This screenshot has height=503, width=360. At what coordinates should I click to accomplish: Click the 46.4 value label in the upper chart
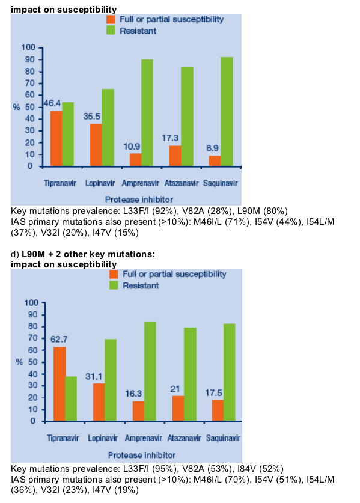[x=52, y=103]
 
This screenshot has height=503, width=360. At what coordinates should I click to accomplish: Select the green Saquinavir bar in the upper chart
[x=227, y=112]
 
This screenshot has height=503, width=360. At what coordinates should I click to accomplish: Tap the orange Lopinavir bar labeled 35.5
[x=96, y=145]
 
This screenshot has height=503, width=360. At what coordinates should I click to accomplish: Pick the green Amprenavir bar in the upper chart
[x=147, y=113]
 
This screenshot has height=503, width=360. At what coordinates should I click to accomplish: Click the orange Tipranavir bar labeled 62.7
[x=59, y=384]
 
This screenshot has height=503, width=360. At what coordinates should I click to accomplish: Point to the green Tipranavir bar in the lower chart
[x=72, y=399]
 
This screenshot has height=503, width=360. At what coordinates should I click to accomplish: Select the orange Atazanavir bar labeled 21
[x=178, y=409]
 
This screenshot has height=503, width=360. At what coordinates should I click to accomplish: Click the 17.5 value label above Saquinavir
[x=214, y=393]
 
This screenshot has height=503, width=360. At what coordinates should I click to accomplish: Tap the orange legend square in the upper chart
[x=111, y=19]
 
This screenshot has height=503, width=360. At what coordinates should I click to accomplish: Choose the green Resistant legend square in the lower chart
[x=114, y=285]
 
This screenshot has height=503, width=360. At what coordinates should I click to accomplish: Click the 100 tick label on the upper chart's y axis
[x=28, y=47]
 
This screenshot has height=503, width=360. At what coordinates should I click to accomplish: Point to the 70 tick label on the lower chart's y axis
[x=33, y=338]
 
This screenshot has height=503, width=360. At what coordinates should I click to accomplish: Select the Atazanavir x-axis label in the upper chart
[x=182, y=183]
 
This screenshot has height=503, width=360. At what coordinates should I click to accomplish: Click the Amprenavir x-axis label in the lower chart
[x=144, y=438]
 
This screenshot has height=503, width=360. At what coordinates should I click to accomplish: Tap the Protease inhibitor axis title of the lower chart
[x=142, y=455]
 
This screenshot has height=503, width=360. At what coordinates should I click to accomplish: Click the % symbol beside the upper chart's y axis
[x=17, y=107]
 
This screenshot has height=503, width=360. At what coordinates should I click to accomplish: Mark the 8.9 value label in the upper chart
[x=212, y=148]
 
